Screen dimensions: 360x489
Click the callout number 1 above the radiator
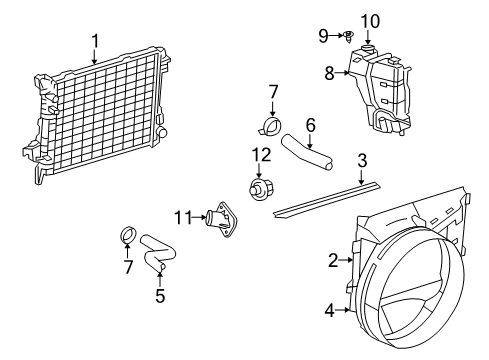tap(95, 41)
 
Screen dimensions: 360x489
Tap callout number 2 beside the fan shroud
tap(333, 261)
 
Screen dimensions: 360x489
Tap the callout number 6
tap(310, 124)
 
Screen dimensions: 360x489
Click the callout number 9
tap(323, 37)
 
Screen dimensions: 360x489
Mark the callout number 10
tap(370, 20)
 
